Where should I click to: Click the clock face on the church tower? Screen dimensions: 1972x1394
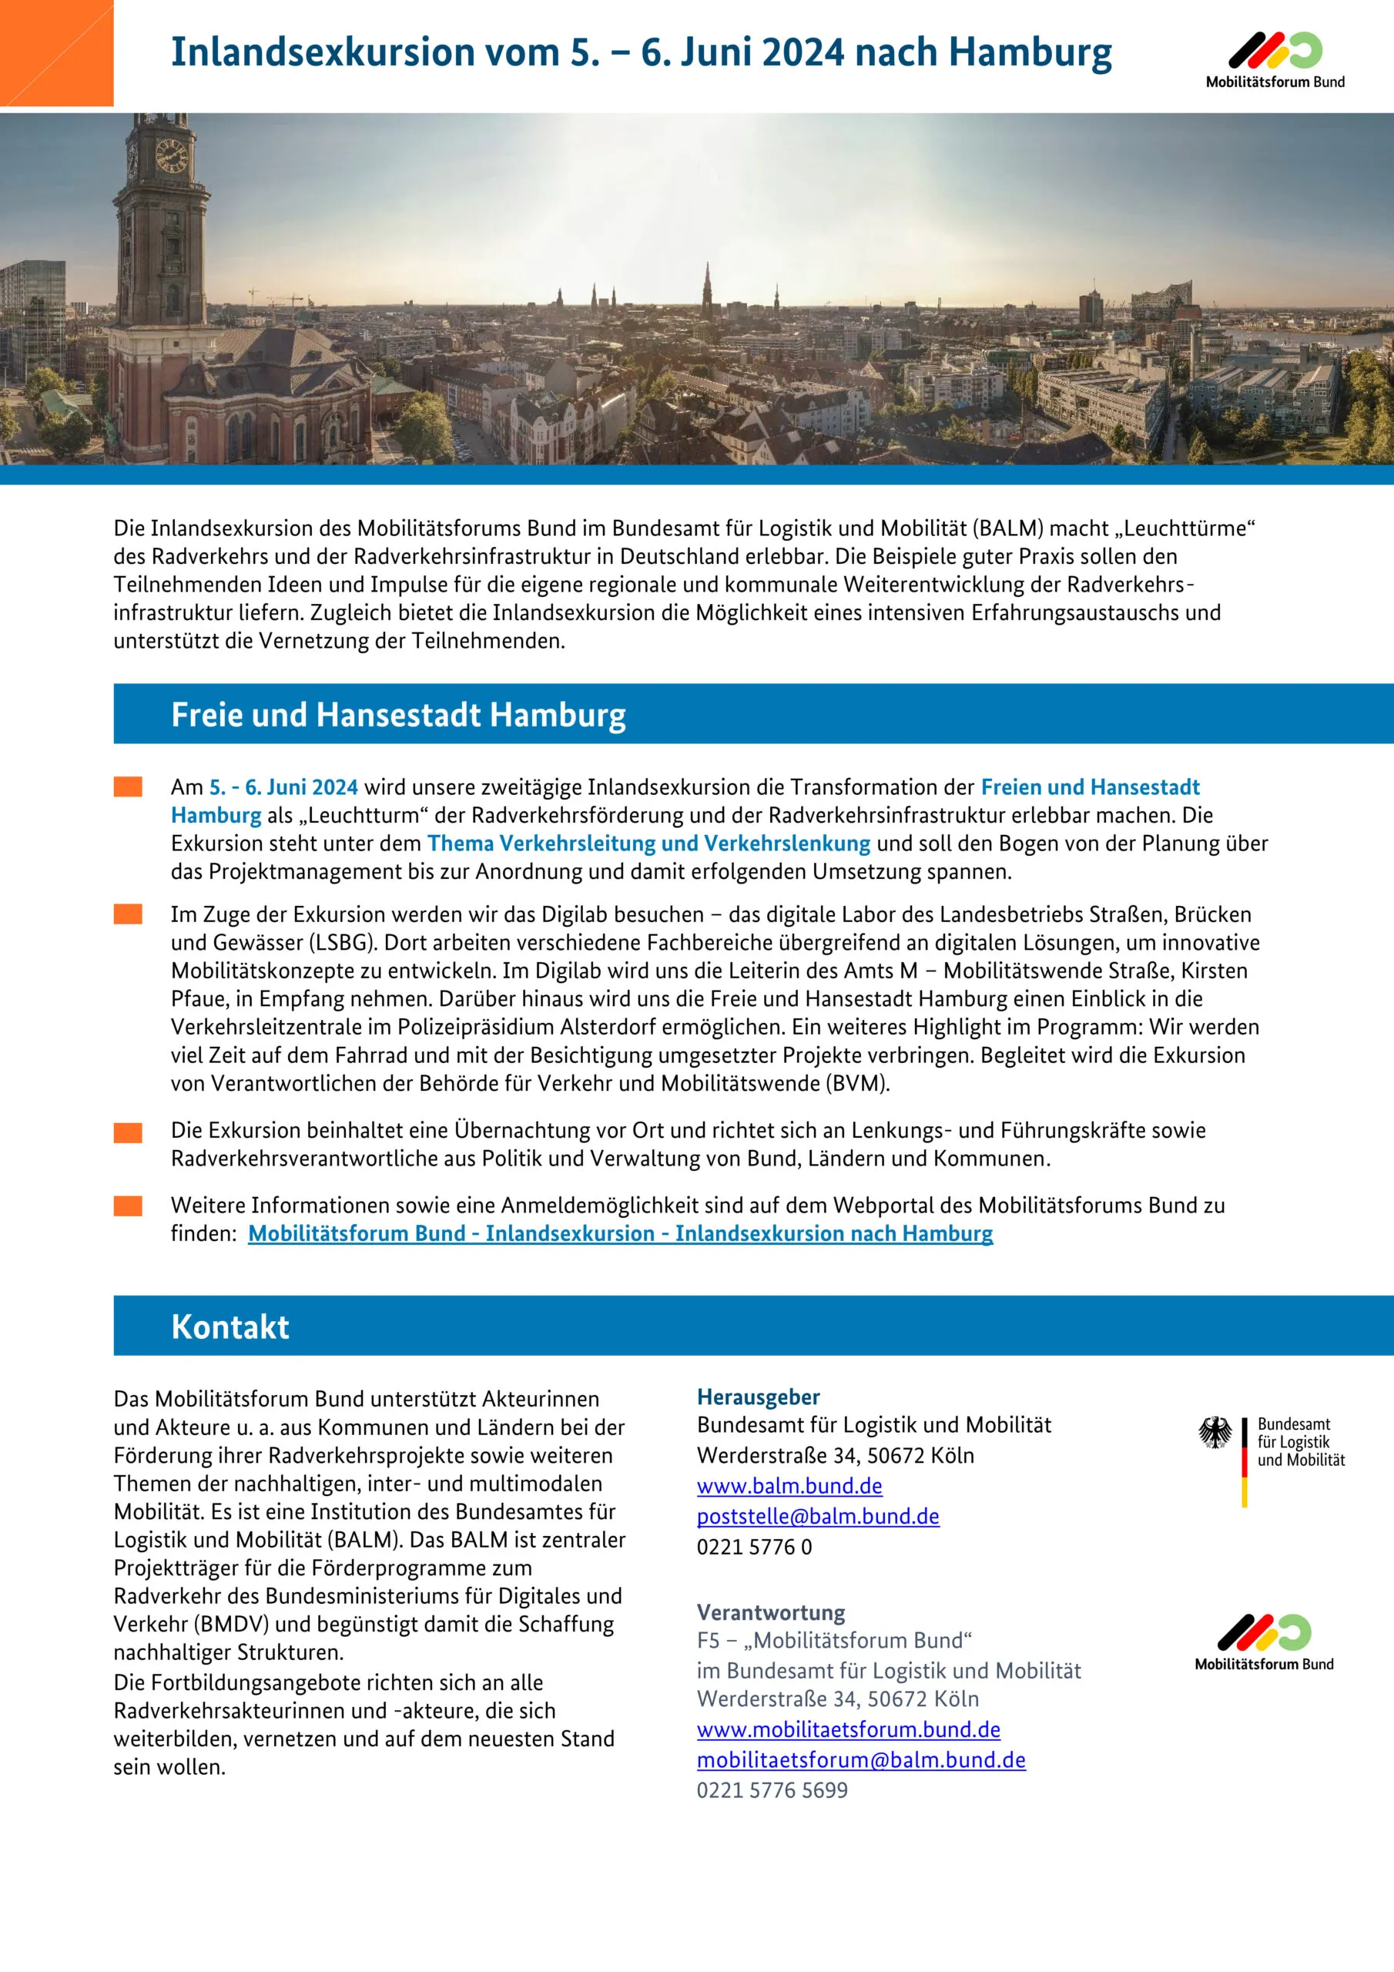coord(171,156)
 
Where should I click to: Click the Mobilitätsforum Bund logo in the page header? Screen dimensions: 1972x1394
coord(1275,59)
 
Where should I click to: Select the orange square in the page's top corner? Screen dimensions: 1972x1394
coord(55,52)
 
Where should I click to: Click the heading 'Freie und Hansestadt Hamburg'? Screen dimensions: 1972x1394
coord(398,715)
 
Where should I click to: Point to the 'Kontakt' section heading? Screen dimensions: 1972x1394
coord(230,1327)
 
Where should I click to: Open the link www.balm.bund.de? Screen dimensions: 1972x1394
coord(789,1486)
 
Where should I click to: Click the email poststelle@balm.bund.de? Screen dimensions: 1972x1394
coord(818,1516)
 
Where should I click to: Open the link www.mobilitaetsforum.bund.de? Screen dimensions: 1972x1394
coord(849,1729)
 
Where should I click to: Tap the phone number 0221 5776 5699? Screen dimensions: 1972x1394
coord(772,1790)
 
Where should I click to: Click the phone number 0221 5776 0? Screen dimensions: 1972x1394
coord(754,1547)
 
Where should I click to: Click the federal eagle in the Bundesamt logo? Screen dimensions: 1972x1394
coord(1215,1433)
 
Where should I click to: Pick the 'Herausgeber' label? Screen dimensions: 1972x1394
coord(759,1397)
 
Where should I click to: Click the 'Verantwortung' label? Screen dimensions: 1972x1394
coord(770,1612)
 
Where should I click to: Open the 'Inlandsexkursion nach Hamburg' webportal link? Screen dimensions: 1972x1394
coord(620,1233)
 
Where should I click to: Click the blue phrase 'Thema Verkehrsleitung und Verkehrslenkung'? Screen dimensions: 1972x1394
coord(648,843)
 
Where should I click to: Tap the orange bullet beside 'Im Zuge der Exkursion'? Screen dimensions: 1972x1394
coord(128,914)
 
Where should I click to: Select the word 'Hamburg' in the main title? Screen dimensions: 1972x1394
coord(1030,52)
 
